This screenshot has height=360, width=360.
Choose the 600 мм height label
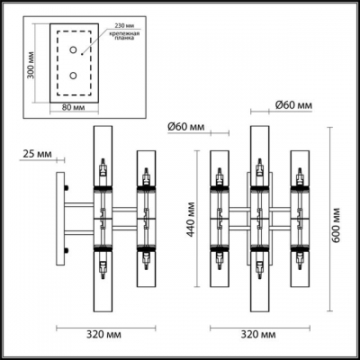[x=337, y=215]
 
